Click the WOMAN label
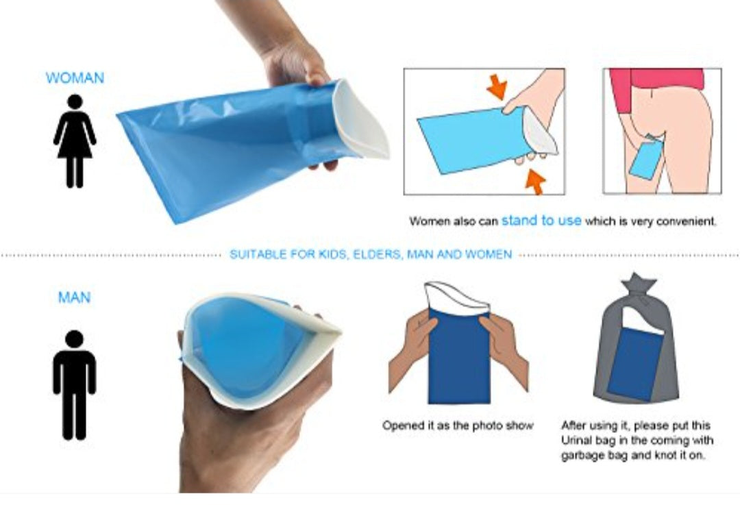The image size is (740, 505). tap(75, 78)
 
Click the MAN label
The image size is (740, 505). tap(74, 297)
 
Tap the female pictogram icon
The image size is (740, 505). tap(75, 140)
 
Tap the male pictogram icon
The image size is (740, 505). tap(75, 384)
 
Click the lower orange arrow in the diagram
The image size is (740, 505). tap(535, 182)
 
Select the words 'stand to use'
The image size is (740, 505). tap(541, 221)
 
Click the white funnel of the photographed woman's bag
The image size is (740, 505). tap(361, 121)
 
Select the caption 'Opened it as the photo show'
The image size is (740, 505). tap(458, 426)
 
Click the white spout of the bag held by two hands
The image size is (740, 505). tap(456, 298)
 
